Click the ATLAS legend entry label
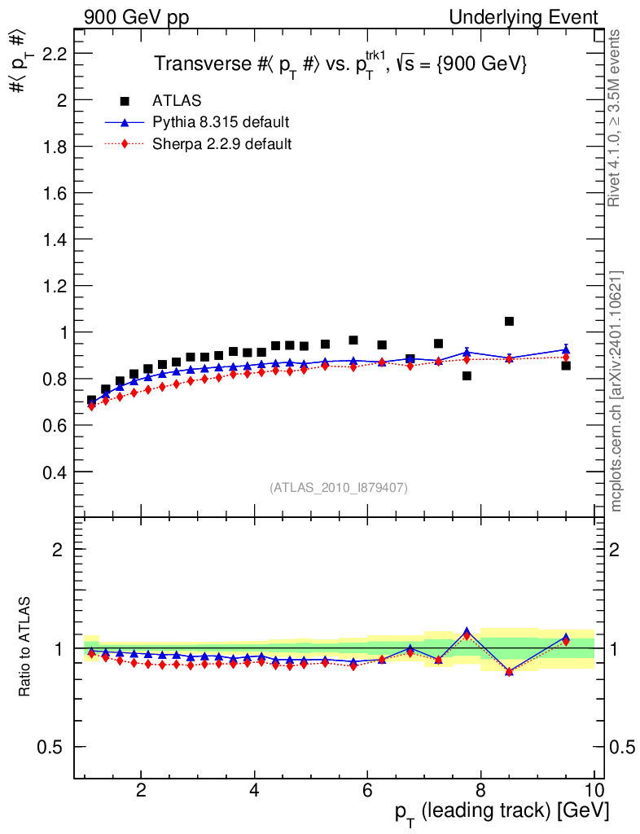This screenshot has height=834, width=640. (x=177, y=101)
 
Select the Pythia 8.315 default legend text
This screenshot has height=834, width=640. (x=221, y=123)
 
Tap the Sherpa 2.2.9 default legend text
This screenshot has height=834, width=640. (x=222, y=145)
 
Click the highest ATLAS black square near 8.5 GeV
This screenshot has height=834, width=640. (x=509, y=322)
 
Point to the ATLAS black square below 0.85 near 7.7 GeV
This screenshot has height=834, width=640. (x=467, y=375)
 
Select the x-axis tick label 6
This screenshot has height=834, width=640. (x=367, y=791)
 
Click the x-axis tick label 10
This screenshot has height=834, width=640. (x=594, y=791)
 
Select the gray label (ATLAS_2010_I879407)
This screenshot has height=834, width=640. (x=339, y=488)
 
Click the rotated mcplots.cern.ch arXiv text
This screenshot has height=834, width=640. (x=617, y=391)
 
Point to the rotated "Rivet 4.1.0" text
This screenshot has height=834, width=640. (x=617, y=118)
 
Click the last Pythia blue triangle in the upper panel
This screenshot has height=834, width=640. (x=566, y=349)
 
